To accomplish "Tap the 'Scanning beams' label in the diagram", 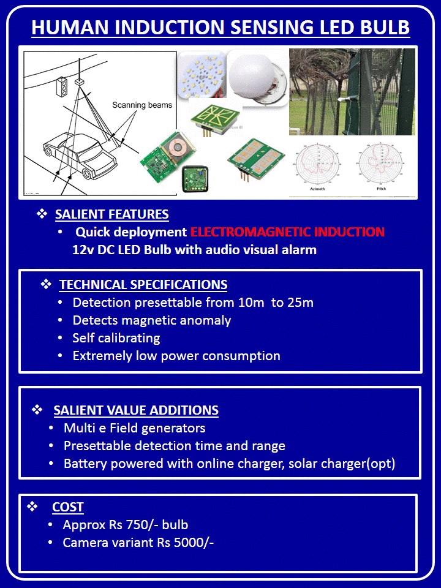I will point(142,105).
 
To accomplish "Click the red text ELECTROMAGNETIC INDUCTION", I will point(287,232).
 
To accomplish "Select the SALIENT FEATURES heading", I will point(111,214).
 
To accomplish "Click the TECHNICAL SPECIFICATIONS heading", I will point(143,285).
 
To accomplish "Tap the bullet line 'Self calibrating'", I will point(116,338).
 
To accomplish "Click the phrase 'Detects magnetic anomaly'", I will point(152,320).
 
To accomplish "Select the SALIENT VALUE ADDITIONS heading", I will point(136,410).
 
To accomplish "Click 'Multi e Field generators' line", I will point(134,428).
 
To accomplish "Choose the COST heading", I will point(68,507).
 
